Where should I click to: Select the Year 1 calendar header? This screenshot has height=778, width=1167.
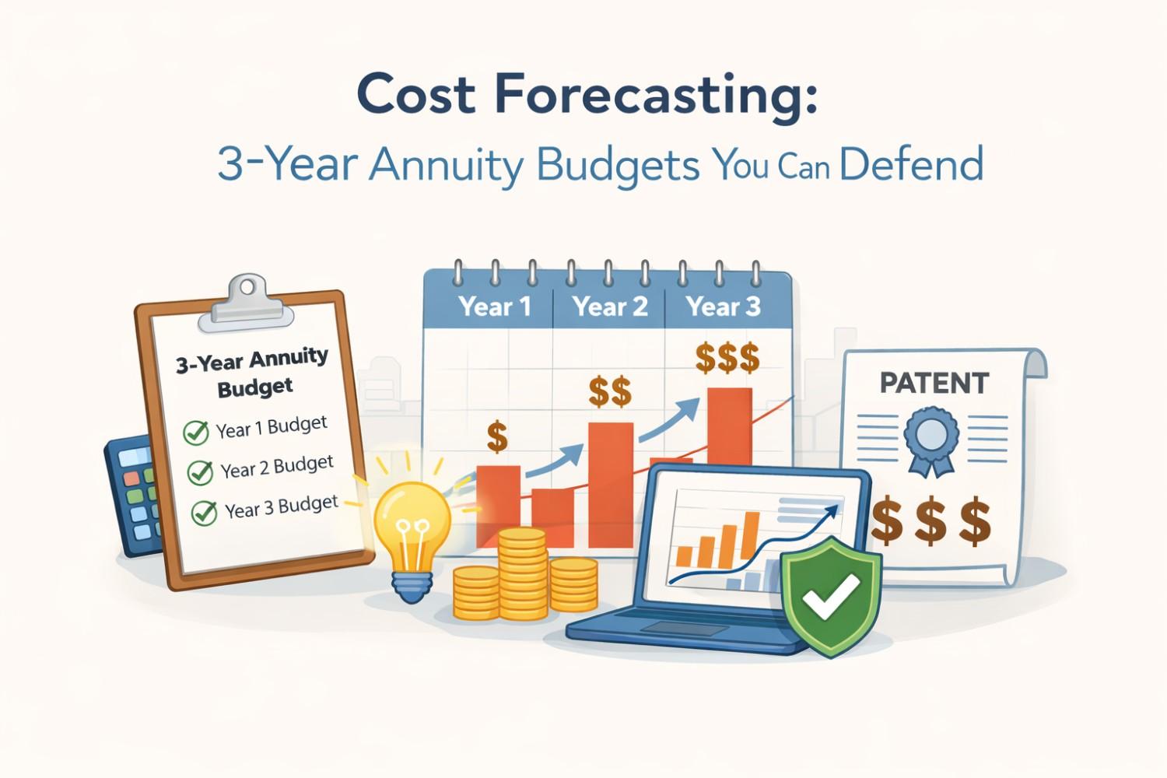coord(495,307)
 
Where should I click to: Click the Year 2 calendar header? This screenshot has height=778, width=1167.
coord(610,307)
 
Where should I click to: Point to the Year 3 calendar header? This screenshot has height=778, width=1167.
coord(723,307)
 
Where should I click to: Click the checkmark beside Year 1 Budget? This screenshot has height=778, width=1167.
coord(196,432)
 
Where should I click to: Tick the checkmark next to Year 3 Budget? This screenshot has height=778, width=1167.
coord(205,513)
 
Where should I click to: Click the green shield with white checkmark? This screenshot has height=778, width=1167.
coord(831,595)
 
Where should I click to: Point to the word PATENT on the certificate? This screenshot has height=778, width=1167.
coord(934,383)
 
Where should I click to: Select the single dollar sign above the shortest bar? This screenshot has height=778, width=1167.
coord(497,437)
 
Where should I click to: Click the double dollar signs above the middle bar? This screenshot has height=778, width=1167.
coord(610,392)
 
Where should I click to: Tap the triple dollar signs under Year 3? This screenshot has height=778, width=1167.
coord(727,359)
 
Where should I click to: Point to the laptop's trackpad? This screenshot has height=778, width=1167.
coord(670,628)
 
